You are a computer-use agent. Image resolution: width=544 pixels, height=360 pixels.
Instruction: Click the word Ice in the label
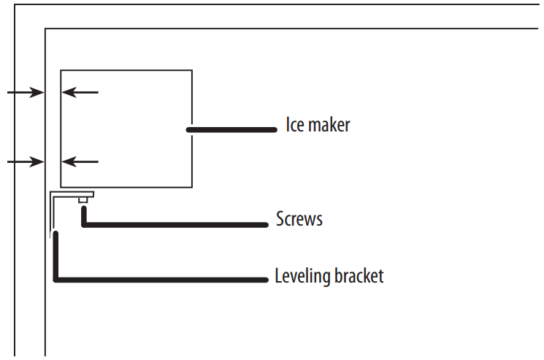click(x=295, y=125)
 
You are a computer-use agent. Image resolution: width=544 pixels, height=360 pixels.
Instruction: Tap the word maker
click(x=329, y=125)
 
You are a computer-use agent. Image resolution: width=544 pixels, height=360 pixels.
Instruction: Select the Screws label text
click(x=299, y=218)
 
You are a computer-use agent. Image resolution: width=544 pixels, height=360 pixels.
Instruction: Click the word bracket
click(x=359, y=277)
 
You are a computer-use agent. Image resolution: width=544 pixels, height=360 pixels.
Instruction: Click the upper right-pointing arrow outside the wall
click(x=25, y=93)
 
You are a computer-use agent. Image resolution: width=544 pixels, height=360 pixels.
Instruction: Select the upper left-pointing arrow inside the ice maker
click(x=79, y=93)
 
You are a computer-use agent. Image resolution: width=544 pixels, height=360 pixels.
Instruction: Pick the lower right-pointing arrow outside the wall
click(x=25, y=161)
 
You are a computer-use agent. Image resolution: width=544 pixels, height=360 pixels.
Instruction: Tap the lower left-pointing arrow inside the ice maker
click(x=79, y=161)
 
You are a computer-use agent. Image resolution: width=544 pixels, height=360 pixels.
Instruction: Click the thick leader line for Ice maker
click(x=232, y=130)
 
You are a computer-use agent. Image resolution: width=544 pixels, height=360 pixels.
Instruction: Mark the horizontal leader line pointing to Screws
click(x=175, y=224)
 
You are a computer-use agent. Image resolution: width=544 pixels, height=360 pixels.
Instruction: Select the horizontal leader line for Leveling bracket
click(x=161, y=279)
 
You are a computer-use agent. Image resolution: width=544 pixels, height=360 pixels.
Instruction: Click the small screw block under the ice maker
click(x=84, y=199)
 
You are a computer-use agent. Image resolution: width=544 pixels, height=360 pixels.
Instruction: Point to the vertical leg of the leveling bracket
click(x=52, y=215)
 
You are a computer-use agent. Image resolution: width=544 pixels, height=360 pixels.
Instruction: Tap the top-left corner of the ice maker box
click(x=61, y=70)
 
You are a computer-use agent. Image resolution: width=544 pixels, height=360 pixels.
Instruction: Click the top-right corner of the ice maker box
click(x=192, y=70)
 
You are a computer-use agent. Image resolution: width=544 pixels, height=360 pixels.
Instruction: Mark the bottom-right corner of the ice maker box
click(x=192, y=188)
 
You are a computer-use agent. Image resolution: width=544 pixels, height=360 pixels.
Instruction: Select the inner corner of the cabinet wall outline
click(x=46, y=29)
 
